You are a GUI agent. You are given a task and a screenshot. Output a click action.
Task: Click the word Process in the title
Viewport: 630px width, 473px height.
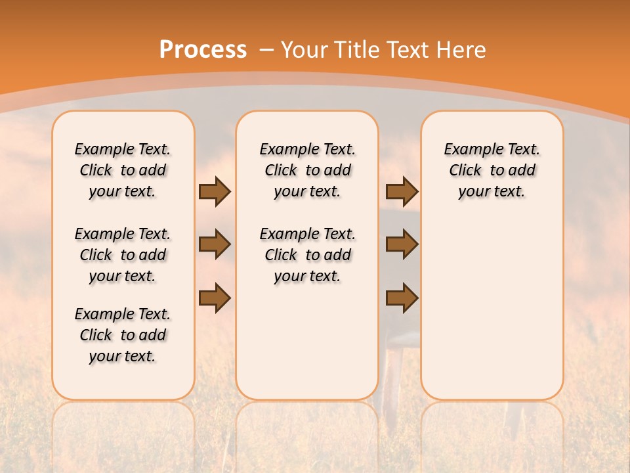tap(203, 50)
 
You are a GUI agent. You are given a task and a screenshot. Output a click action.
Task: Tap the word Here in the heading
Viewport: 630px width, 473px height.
tap(461, 50)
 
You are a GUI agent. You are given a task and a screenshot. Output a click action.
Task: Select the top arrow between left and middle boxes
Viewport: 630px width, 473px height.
tap(214, 191)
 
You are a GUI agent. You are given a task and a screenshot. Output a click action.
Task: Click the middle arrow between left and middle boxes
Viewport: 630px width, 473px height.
tap(214, 244)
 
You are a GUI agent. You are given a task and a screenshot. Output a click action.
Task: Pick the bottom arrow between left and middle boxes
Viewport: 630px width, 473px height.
tap(214, 298)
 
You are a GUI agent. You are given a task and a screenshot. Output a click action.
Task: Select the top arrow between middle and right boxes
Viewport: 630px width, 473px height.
tap(402, 191)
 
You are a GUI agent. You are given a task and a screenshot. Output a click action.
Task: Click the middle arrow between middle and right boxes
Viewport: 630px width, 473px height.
tap(402, 244)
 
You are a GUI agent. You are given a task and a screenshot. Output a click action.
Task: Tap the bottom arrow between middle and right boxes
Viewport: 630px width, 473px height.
tap(402, 298)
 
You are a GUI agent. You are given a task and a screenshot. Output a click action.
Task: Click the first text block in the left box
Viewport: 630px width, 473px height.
tap(123, 170)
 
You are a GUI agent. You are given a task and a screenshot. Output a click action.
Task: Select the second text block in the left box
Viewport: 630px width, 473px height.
tap(123, 255)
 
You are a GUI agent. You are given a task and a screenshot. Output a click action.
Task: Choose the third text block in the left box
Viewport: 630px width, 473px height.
tap(123, 335)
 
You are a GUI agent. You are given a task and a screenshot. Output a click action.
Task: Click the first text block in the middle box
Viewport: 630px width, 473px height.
tap(307, 170)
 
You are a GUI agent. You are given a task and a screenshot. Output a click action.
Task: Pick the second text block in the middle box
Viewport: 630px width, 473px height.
tap(307, 255)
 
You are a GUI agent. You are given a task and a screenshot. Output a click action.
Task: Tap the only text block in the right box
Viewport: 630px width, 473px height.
tap(492, 170)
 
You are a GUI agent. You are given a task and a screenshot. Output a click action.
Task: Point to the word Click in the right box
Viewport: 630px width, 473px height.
tap(465, 171)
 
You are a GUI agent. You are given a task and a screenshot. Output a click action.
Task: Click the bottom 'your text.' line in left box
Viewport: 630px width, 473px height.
tap(123, 356)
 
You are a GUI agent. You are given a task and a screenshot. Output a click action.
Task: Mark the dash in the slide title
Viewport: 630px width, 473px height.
tap(267, 50)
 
